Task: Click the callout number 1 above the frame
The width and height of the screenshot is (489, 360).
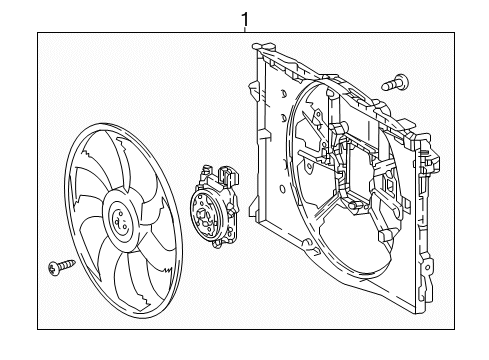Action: point(245,20)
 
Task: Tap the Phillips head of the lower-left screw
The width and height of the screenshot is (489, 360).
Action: point(53,268)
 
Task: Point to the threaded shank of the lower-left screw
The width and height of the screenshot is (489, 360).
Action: point(68,264)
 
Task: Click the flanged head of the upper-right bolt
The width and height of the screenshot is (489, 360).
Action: point(402,82)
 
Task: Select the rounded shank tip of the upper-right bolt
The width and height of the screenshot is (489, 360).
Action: point(384,87)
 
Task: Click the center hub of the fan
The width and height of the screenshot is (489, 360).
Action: point(120,222)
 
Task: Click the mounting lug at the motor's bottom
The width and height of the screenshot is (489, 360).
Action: point(217,245)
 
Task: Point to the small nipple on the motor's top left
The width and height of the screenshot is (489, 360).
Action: point(205,168)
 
